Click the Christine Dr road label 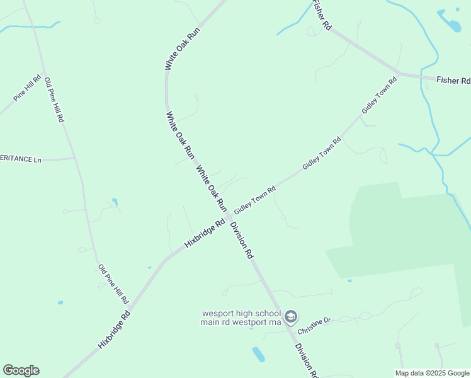click(x=314, y=326)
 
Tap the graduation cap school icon click(x=291, y=316)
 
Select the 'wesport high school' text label click(x=241, y=313)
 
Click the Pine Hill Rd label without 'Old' click(x=27, y=88)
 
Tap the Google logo click(x=21, y=370)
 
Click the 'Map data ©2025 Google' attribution click(x=433, y=373)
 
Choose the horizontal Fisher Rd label click(x=453, y=81)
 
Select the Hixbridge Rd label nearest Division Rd click(x=205, y=233)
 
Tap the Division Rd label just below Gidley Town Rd click(x=241, y=240)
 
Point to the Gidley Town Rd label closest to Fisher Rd click(x=380, y=95)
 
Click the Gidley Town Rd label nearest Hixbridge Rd click(x=255, y=199)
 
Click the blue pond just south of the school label click(x=258, y=355)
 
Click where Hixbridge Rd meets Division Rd click(x=227, y=217)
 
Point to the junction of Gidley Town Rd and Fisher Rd click(x=399, y=72)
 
